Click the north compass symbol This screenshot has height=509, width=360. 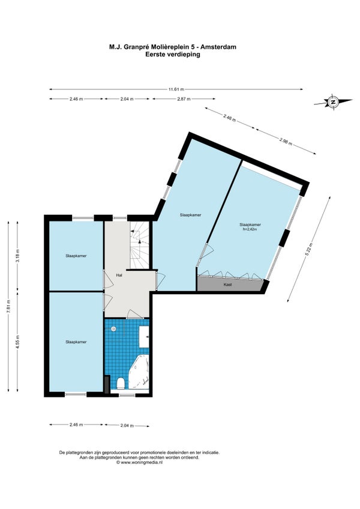(x=333, y=101)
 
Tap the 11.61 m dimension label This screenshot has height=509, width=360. (x=176, y=89)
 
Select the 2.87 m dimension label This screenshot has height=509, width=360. (x=184, y=98)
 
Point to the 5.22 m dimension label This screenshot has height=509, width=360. (x=310, y=249)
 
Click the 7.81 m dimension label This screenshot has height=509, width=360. (x=9, y=306)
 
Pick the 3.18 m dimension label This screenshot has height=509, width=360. (x=18, y=256)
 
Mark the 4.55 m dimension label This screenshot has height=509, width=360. (x=18, y=342)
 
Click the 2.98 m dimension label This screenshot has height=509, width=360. (x=286, y=141)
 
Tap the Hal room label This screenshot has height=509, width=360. (x=119, y=276)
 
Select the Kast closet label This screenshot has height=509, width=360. (x=227, y=285)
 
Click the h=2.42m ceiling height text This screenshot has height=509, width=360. (x=250, y=229)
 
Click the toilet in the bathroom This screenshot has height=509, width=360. (x=120, y=383)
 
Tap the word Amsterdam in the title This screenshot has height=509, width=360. (x=218, y=47)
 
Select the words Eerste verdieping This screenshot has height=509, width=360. (x=173, y=54)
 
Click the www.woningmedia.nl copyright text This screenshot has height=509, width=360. (x=139, y=463)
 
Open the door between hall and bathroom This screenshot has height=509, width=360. (x=134, y=315)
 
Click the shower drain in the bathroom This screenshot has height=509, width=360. (x=113, y=329)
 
